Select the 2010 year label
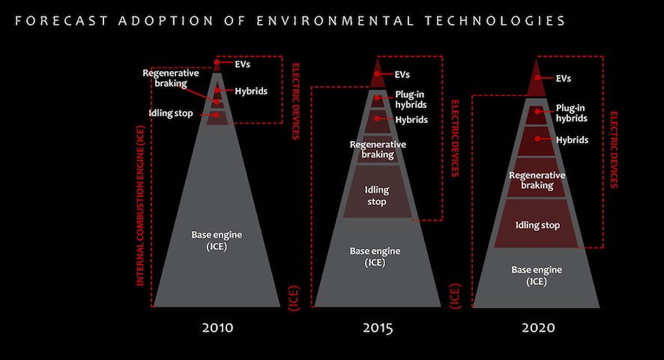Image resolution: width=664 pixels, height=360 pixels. pyautogui.click(x=217, y=328)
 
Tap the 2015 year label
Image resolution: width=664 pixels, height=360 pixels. pyautogui.click(x=377, y=328)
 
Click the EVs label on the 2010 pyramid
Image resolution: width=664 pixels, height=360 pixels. pyautogui.click(x=241, y=64)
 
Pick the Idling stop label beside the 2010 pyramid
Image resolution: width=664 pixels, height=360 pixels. pyautogui.click(x=171, y=113)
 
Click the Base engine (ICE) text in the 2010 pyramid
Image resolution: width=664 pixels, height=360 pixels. pyautogui.click(x=216, y=240)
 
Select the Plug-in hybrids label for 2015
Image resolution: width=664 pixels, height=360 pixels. pyautogui.click(x=411, y=100)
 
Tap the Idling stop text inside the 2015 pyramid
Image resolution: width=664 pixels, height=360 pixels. pyautogui.click(x=376, y=196)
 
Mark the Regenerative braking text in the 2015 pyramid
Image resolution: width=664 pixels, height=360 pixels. pyautogui.click(x=378, y=149)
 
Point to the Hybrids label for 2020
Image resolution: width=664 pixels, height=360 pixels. pyautogui.click(x=572, y=139)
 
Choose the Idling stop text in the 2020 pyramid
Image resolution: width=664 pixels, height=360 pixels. pyautogui.click(x=537, y=225)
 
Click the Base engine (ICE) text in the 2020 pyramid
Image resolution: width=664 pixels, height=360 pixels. pyautogui.click(x=537, y=275)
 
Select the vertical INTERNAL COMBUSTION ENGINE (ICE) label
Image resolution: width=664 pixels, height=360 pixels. pyautogui.click(x=141, y=204)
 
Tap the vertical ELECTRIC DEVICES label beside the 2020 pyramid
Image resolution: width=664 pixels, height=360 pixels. pyautogui.click(x=614, y=149)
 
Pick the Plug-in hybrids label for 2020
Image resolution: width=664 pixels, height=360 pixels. pyautogui.click(x=572, y=113)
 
